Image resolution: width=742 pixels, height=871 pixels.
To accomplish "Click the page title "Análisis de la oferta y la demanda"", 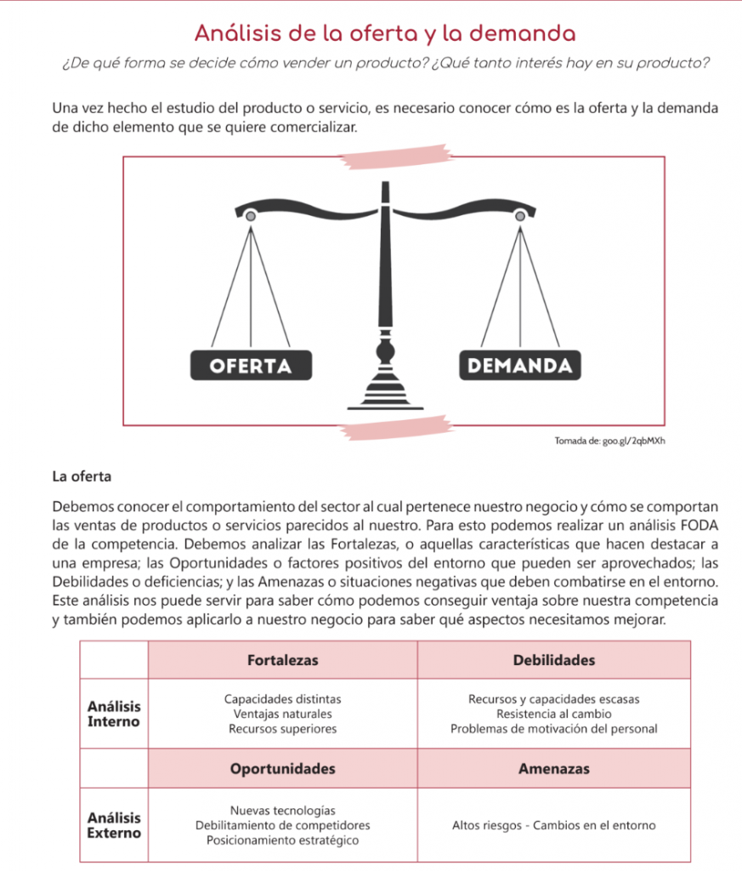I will (385, 34).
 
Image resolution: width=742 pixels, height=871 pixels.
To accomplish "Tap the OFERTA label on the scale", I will (250, 366).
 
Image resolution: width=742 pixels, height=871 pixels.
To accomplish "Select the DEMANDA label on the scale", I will (520, 366).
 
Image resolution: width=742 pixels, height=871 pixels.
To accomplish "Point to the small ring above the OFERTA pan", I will (250, 217).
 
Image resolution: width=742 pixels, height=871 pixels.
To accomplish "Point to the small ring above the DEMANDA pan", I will (520, 217).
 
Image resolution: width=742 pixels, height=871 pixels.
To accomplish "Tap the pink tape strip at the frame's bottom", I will (395, 427).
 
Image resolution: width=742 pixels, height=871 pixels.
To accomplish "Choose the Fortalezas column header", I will (282, 660).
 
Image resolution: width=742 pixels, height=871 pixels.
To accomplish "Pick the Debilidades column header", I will (554, 660).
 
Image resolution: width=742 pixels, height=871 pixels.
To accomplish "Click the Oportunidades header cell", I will (282, 769).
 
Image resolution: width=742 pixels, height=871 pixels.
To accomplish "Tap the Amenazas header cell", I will (554, 769).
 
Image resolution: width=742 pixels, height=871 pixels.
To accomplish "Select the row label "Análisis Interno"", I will (115, 714).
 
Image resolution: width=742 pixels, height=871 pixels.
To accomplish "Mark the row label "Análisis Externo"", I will (115, 825).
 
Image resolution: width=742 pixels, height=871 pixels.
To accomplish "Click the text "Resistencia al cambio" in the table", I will (554, 714).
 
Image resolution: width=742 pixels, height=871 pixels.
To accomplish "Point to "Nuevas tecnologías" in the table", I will (282, 811).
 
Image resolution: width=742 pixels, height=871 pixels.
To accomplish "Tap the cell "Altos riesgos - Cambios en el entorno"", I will (554, 826).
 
